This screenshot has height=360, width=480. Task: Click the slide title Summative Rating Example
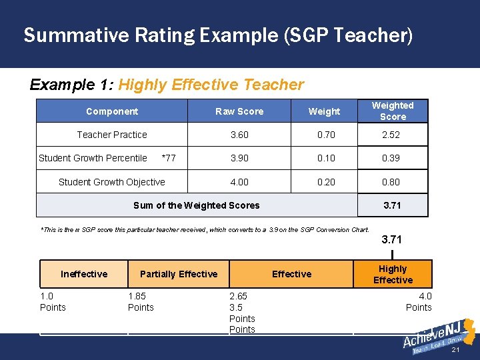click(x=218, y=35)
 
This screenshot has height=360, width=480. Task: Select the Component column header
click(x=112, y=111)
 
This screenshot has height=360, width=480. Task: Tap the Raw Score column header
click(x=239, y=111)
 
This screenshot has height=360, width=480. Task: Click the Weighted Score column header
click(x=393, y=111)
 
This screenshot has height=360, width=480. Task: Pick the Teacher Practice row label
click(x=112, y=135)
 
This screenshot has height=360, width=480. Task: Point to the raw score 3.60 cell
click(x=239, y=135)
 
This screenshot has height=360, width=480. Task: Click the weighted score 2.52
click(x=392, y=135)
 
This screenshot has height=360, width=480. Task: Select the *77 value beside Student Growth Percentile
click(x=169, y=158)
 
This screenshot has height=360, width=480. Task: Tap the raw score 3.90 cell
click(x=239, y=158)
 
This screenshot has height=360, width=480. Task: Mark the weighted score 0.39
click(x=392, y=158)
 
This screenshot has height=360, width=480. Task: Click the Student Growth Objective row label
click(x=112, y=182)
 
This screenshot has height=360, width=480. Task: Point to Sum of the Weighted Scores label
click(x=197, y=205)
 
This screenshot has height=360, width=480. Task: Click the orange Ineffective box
click(x=84, y=274)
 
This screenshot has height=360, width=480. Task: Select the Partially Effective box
click(x=179, y=274)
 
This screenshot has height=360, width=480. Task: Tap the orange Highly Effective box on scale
click(x=393, y=274)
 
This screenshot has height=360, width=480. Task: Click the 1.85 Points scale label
click(x=141, y=301)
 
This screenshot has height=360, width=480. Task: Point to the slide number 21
click(x=456, y=351)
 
